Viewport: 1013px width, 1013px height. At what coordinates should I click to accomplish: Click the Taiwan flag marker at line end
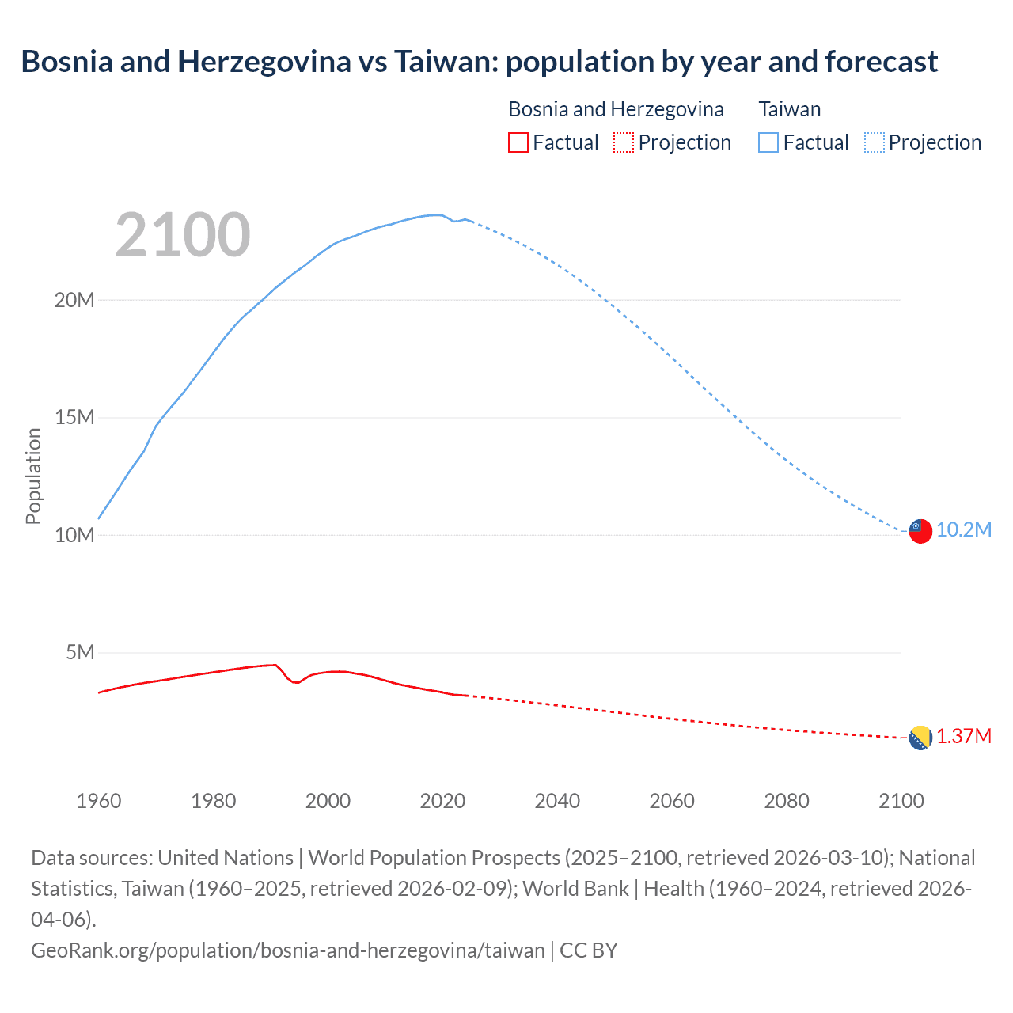tap(920, 531)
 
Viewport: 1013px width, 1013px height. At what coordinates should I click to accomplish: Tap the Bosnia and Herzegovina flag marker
tap(920, 738)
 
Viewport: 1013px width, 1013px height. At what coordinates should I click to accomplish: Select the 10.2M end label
tap(963, 529)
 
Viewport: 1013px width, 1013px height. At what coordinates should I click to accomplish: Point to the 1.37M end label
tap(963, 737)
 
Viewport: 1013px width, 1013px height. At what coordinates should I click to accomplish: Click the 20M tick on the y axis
tap(74, 300)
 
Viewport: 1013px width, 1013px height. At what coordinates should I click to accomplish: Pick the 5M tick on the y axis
tap(80, 652)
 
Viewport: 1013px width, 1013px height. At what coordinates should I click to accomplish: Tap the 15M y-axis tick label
tap(74, 417)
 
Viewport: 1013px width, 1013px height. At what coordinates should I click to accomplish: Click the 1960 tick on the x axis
tap(99, 801)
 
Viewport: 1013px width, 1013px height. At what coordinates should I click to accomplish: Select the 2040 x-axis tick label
tap(557, 801)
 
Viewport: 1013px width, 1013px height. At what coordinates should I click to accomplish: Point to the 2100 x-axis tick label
tap(901, 801)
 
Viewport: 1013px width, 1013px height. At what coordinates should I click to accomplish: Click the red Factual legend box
tap(518, 142)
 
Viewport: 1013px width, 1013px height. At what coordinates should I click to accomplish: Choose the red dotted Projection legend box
tap(624, 142)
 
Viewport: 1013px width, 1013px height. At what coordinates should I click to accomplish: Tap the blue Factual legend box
tap(768, 142)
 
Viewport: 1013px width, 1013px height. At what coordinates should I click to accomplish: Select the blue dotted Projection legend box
tap(875, 142)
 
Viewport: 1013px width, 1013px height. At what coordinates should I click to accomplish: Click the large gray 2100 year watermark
tap(183, 235)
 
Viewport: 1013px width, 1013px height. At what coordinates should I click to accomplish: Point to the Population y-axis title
tap(33, 476)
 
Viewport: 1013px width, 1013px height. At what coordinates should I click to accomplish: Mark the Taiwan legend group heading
tap(789, 109)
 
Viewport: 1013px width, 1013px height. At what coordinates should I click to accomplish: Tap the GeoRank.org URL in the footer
tap(287, 950)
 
